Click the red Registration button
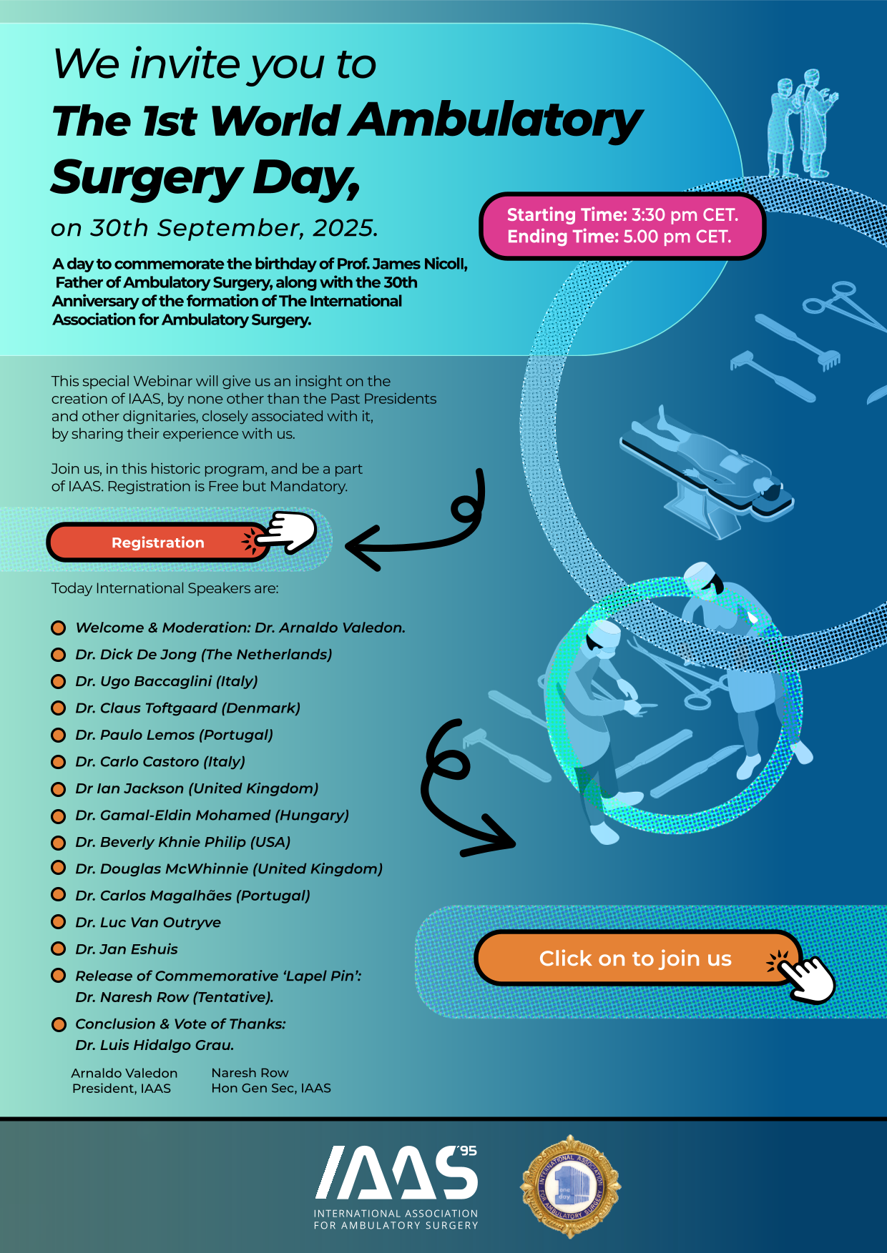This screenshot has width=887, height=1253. (x=157, y=543)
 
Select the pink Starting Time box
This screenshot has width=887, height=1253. (x=622, y=226)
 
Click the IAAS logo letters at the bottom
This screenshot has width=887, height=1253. (x=396, y=1173)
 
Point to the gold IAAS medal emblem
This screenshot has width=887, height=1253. (x=570, y=1187)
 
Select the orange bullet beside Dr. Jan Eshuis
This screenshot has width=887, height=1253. (x=59, y=949)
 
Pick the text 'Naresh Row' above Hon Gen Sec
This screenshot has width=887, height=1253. (x=250, y=1073)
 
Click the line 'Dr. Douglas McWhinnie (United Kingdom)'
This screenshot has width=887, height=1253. (x=229, y=868)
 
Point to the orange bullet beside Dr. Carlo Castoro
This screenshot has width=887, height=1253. (x=59, y=762)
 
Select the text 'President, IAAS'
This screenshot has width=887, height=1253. (x=122, y=1089)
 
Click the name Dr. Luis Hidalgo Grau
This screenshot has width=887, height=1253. (x=155, y=1045)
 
